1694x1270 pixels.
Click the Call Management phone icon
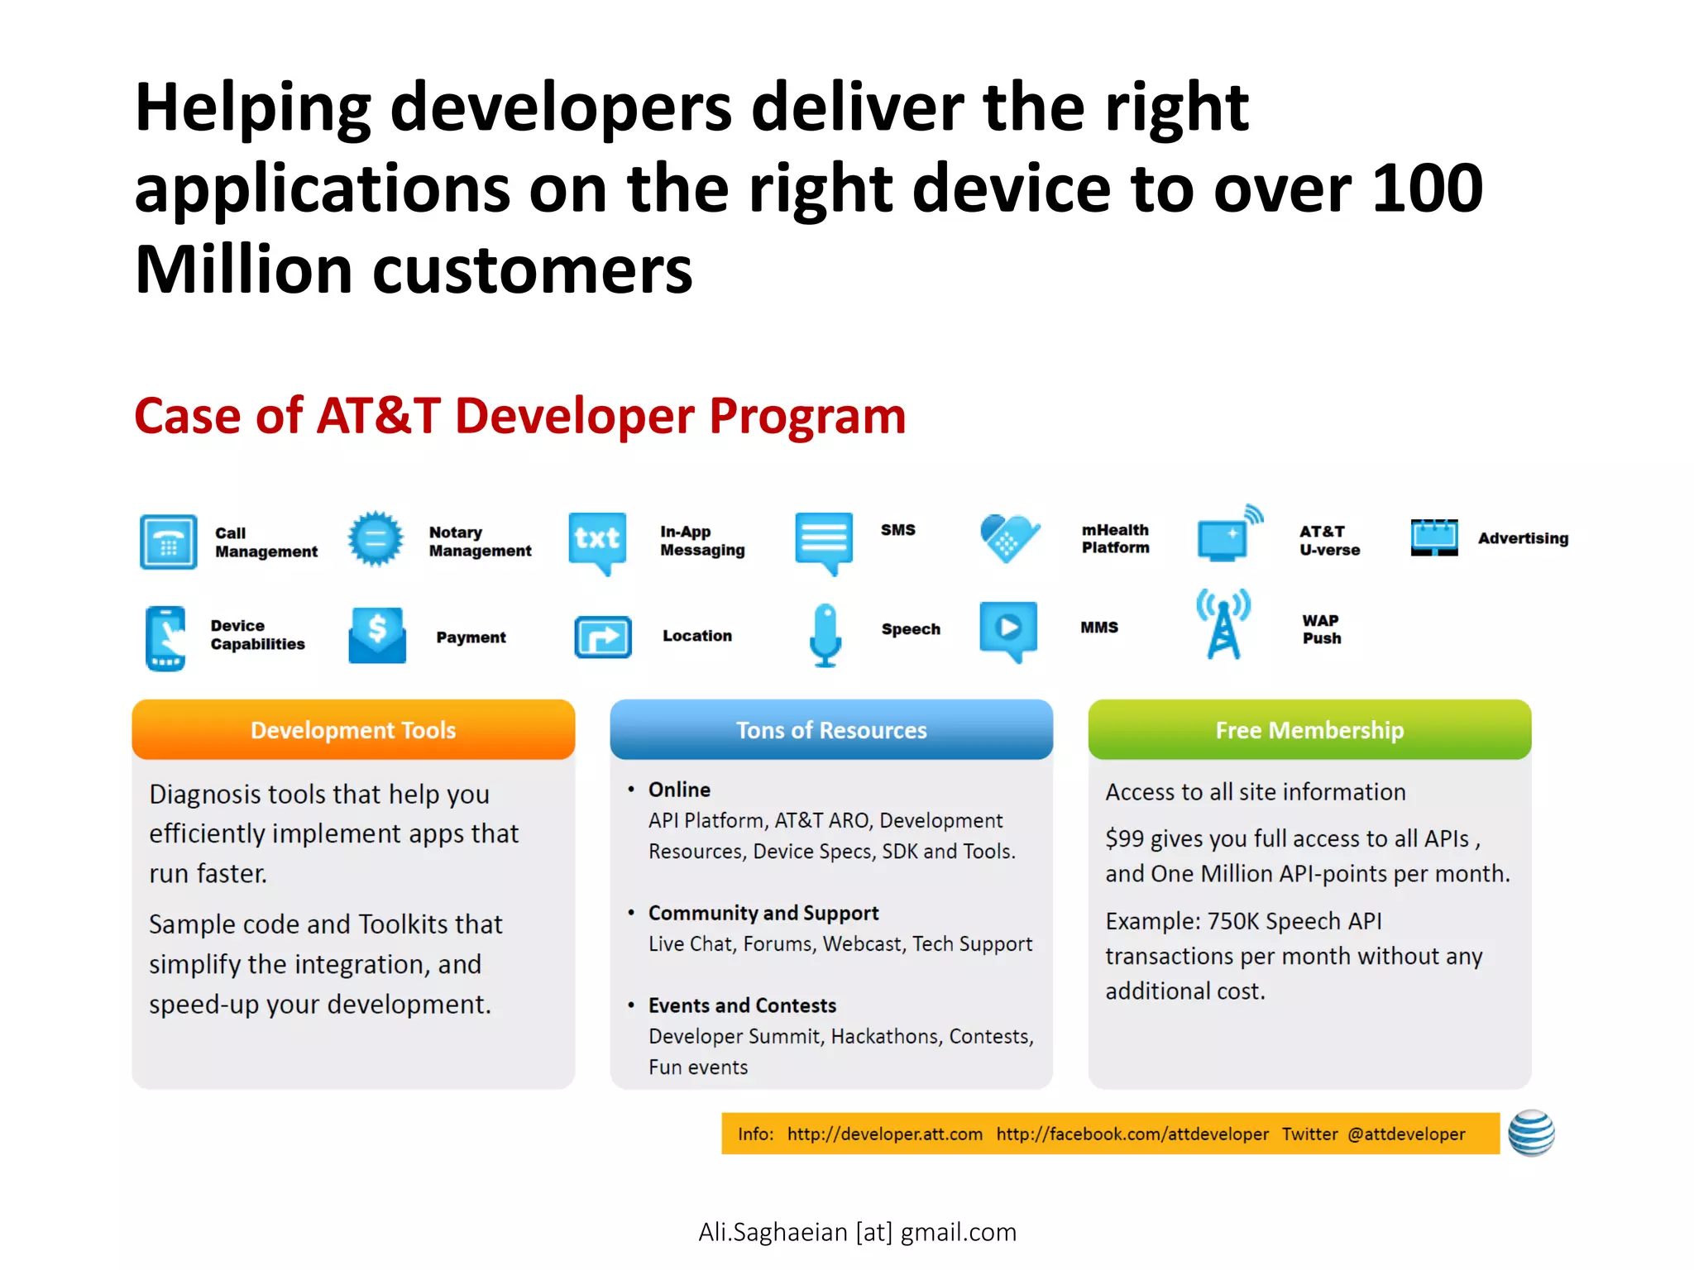tap(169, 542)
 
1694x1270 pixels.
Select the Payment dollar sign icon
tap(377, 634)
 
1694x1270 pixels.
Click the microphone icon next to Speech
tap(825, 634)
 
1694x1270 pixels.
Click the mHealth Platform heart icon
tap(1009, 538)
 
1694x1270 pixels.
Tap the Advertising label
tap(1523, 538)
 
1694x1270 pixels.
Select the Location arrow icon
tap(603, 637)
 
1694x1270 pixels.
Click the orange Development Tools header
tap(353, 730)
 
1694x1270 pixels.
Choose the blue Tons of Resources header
tap(831, 730)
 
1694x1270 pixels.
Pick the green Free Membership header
tap(1309, 730)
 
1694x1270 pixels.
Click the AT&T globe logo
tap(1531, 1133)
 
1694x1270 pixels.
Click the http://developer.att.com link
tap(884, 1134)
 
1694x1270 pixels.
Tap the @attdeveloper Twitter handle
tap(1406, 1134)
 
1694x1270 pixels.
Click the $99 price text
tap(1125, 838)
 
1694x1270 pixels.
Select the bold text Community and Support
tap(763, 913)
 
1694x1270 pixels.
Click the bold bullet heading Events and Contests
tap(742, 1005)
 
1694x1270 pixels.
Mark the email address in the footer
tap(857, 1232)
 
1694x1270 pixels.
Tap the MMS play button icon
tap(1008, 628)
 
